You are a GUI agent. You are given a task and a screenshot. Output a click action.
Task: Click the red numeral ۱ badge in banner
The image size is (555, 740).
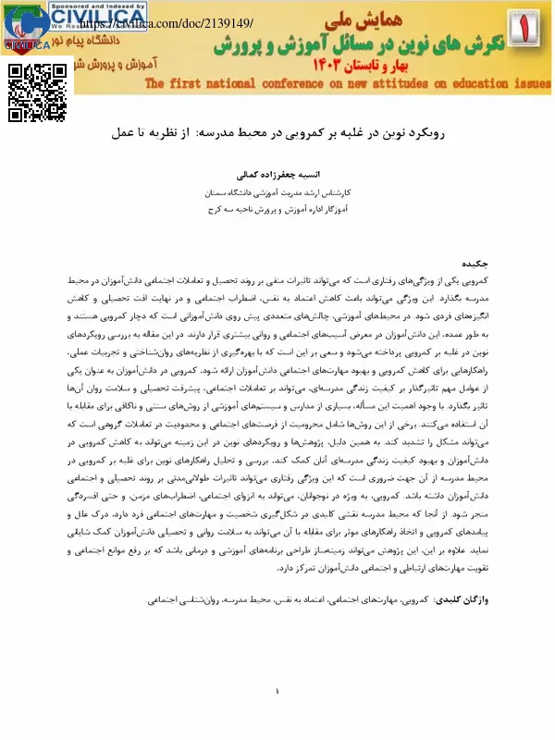click(x=532, y=36)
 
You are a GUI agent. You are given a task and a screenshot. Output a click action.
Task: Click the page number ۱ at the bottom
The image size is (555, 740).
click(x=277, y=692)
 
